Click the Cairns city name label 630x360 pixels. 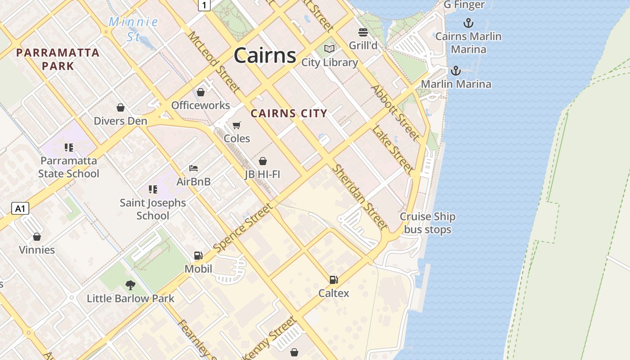[265, 56]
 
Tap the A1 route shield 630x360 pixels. [20, 208]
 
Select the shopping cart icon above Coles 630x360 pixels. [237, 125]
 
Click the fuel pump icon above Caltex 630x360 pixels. [333, 280]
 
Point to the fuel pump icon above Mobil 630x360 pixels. [198, 256]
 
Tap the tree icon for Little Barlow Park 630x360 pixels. [130, 285]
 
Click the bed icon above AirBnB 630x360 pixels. [193, 169]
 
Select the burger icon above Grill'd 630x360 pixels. [363, 32]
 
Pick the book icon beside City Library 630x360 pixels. [329, 49]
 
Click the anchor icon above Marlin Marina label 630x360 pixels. [456, 71]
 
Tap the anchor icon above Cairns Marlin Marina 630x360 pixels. [468, 23]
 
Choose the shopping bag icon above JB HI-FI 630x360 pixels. [263, 161]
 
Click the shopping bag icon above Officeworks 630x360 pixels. [201, 92]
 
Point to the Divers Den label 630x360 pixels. [120, 121]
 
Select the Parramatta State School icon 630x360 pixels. [68, 148]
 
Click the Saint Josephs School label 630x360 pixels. [153, 209]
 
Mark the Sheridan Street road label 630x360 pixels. [360, 197]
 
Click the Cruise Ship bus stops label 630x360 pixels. [427, 223]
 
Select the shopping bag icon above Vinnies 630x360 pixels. [37, 237]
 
